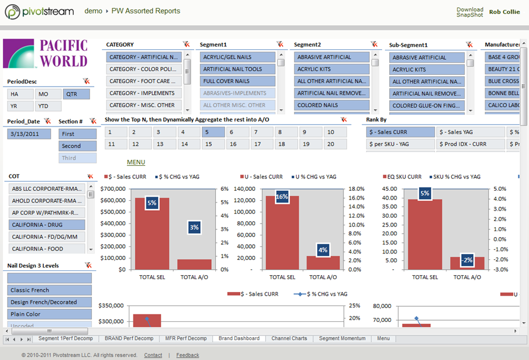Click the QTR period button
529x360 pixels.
pyautogui.click(x=77, y=94)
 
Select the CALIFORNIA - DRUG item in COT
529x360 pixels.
pyautogui.click(x=47, y=225)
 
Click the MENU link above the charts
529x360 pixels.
pyautogui.click(x=136, y=162)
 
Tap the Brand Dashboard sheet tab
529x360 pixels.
pyautogui.click(x=239, y=338)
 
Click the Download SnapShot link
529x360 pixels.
pyautogui.click(x=470, y=12)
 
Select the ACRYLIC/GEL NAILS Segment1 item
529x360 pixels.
pyautogui.click(x=237, y=57)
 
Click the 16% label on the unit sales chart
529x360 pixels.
pyautogui.click(x=282, y=197)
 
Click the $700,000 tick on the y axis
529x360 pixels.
pyautogui.click(x=114, y=189)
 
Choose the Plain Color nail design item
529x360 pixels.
pyautogui.click(x=49, y=314)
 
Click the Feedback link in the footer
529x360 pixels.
pyautogui.click(x=187, y=355)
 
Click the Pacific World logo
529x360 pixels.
pyautogui.click(x=45, y=54)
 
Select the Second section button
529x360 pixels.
pyautogui.click(x=77, y=146)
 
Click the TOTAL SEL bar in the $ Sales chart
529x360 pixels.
pyautogui.click(x=152, y=234)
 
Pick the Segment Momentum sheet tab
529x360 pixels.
pyautogui.click(x=342, y=338)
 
